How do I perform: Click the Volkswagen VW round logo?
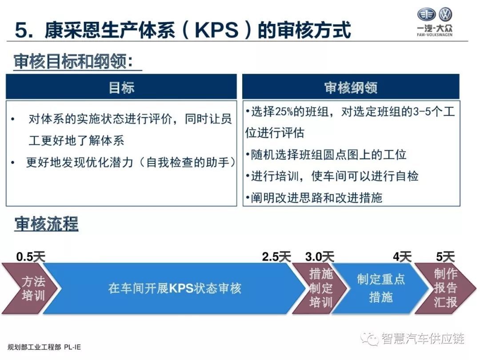point(445,14)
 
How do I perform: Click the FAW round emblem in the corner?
point(426,14)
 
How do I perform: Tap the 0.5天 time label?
point(31,256)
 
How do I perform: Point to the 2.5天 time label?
point(276,256)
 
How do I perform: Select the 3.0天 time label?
point(320,256)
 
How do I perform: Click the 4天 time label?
point(402,256)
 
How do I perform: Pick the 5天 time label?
point(445,256)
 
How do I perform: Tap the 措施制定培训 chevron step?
point(320,288)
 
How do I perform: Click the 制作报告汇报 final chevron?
point(446,288)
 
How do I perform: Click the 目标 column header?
point(121,87)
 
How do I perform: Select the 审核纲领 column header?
point(351,87)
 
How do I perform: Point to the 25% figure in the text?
point(284,112)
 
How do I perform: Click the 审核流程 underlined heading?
point(47,224)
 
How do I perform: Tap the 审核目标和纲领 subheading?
point(73,61)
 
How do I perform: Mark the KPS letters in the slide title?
point(216,30)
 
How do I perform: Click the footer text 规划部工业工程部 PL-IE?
point(44,347)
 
